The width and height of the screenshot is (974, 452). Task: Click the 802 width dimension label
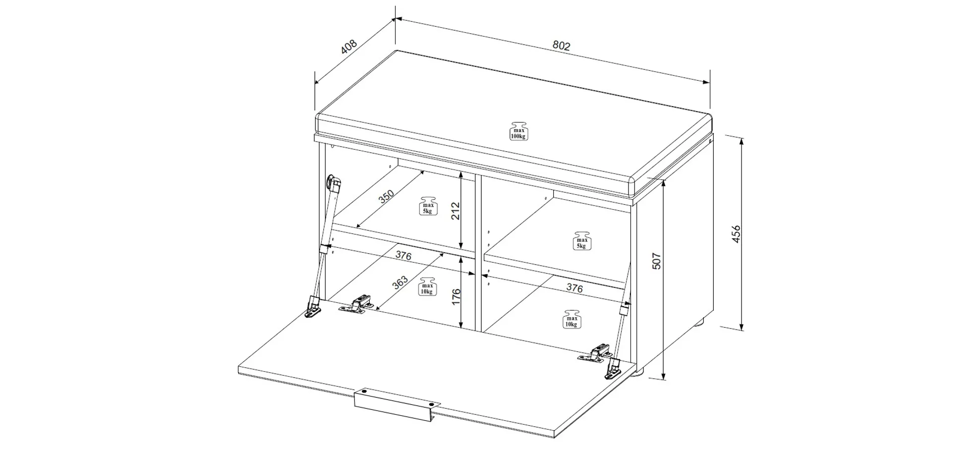(562, 46)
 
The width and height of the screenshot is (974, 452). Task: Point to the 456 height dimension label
(736, 233)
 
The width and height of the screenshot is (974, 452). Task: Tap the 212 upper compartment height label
(456, 211)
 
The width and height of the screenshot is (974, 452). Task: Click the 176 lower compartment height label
(456, 297)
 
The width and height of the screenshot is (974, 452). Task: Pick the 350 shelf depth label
(386, 197)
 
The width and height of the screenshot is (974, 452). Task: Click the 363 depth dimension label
(400, 282)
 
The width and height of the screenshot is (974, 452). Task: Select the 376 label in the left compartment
(403, 256)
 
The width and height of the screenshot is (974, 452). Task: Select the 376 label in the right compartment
(574, 287)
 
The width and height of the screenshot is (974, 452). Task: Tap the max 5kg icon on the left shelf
(428, 206)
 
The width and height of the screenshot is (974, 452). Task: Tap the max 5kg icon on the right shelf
(582, 240)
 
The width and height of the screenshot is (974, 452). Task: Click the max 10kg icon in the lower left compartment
(427, 286)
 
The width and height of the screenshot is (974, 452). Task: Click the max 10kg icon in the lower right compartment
(571, 319)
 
